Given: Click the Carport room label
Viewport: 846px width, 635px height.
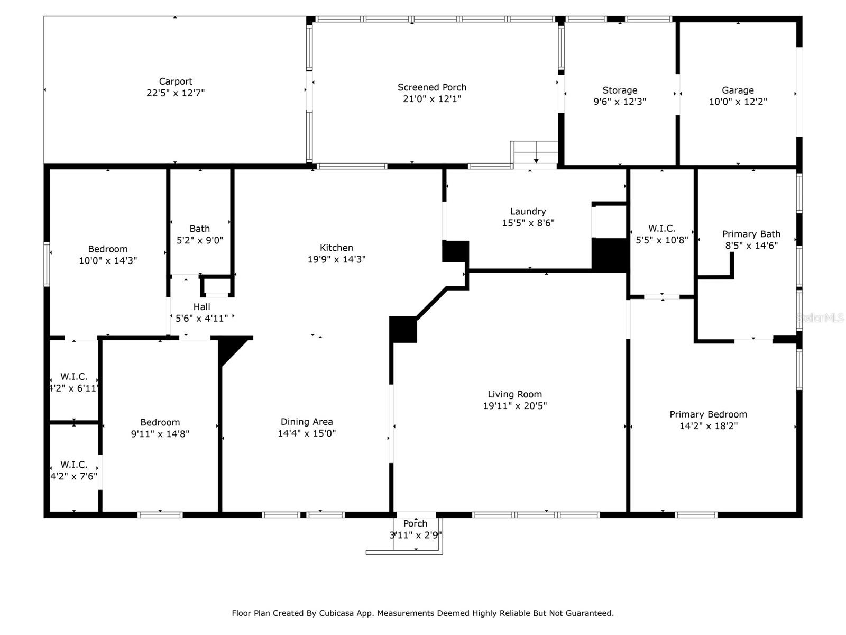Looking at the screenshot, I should click(x=176, y=81).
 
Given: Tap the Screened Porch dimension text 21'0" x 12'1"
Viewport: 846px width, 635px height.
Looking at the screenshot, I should click(x=432, y=99).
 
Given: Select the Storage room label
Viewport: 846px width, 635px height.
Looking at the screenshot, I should click(x=620, y=90).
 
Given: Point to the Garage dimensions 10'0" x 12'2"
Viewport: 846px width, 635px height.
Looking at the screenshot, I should click(x=738, y=102).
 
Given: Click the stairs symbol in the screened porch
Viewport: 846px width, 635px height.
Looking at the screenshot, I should click(x=535, y=153).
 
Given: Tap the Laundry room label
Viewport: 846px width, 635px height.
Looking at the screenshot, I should click(x=528, y=212).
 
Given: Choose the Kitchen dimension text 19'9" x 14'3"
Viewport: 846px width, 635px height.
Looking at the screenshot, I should click(x=336, y=259).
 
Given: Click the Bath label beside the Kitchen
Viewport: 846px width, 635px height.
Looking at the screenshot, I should click(x=199, y=229).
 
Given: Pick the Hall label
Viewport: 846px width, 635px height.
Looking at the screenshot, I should click(x=201, y=307).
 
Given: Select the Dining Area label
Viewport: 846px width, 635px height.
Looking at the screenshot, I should click(x=307, y=422).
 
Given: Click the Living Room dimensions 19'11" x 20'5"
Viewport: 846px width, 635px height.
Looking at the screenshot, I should click(x=514, y=406).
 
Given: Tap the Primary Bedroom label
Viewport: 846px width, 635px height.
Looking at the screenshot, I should click(x=708, y=414).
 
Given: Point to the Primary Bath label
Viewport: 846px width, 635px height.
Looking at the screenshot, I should click(x=751, y=234).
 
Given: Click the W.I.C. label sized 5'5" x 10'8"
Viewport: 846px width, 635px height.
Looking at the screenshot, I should click(x=661, y=229).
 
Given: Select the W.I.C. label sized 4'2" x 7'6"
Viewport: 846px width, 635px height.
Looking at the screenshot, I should click(x=73, y=465).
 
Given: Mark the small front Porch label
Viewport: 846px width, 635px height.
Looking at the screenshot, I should click(x=415, y=523).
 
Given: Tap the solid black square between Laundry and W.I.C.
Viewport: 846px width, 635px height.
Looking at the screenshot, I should click(x=610, y=255).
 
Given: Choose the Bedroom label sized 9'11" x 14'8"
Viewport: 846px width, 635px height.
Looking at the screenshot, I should click(x=160, y=422).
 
